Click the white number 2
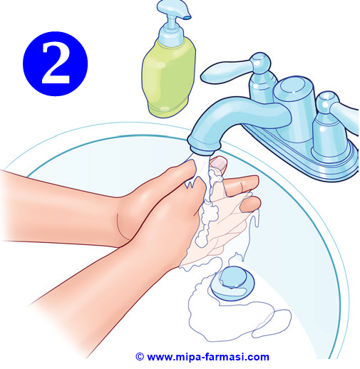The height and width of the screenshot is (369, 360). [56, 63]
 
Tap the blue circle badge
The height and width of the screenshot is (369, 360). [56, 63]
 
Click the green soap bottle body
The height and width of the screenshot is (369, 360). [168, 77]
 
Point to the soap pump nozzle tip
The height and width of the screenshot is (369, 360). [187, 17]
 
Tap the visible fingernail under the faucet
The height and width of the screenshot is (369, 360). [219, 163]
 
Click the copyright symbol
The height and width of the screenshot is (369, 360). [140, 356]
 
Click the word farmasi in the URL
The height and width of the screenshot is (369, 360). [226, 357]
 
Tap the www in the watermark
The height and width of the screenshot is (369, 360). [160, 358]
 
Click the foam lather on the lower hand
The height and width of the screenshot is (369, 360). [207, 221]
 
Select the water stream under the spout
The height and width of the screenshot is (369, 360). [202, 166]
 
